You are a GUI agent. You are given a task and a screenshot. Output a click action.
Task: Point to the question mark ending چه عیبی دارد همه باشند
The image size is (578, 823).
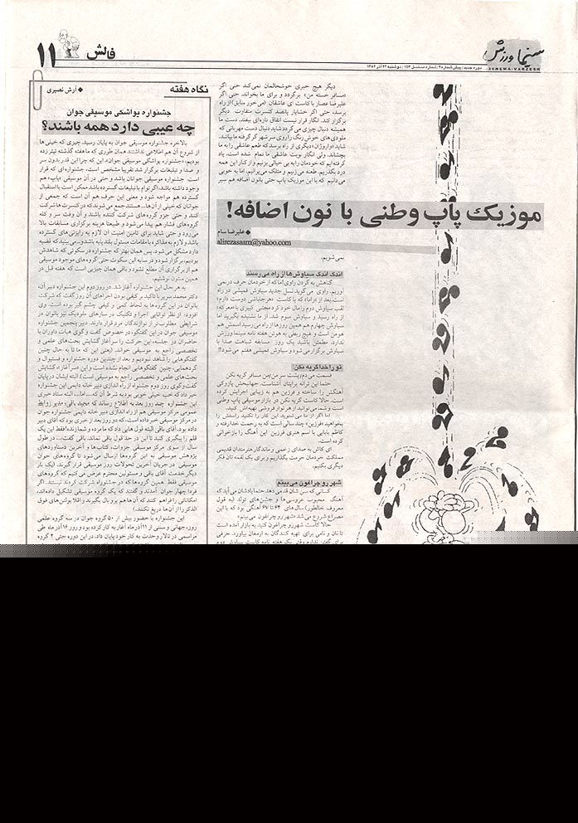(x=46, y=127)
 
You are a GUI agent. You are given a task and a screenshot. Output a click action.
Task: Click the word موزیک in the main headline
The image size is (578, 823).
(x=504, y=213)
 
